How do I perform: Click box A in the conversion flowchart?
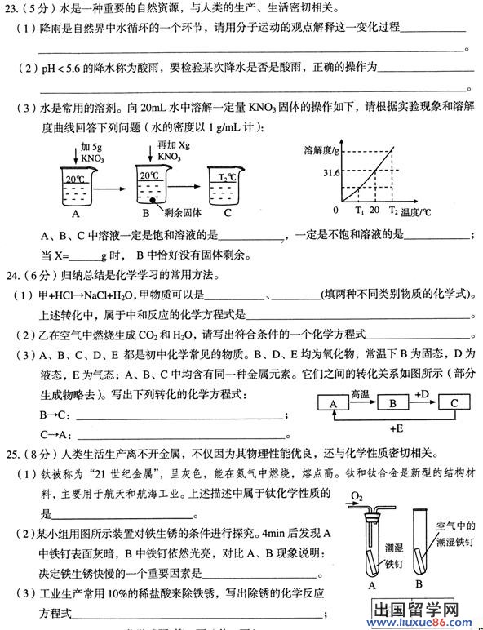pos(333,403)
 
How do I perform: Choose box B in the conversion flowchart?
pos(392,403)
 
